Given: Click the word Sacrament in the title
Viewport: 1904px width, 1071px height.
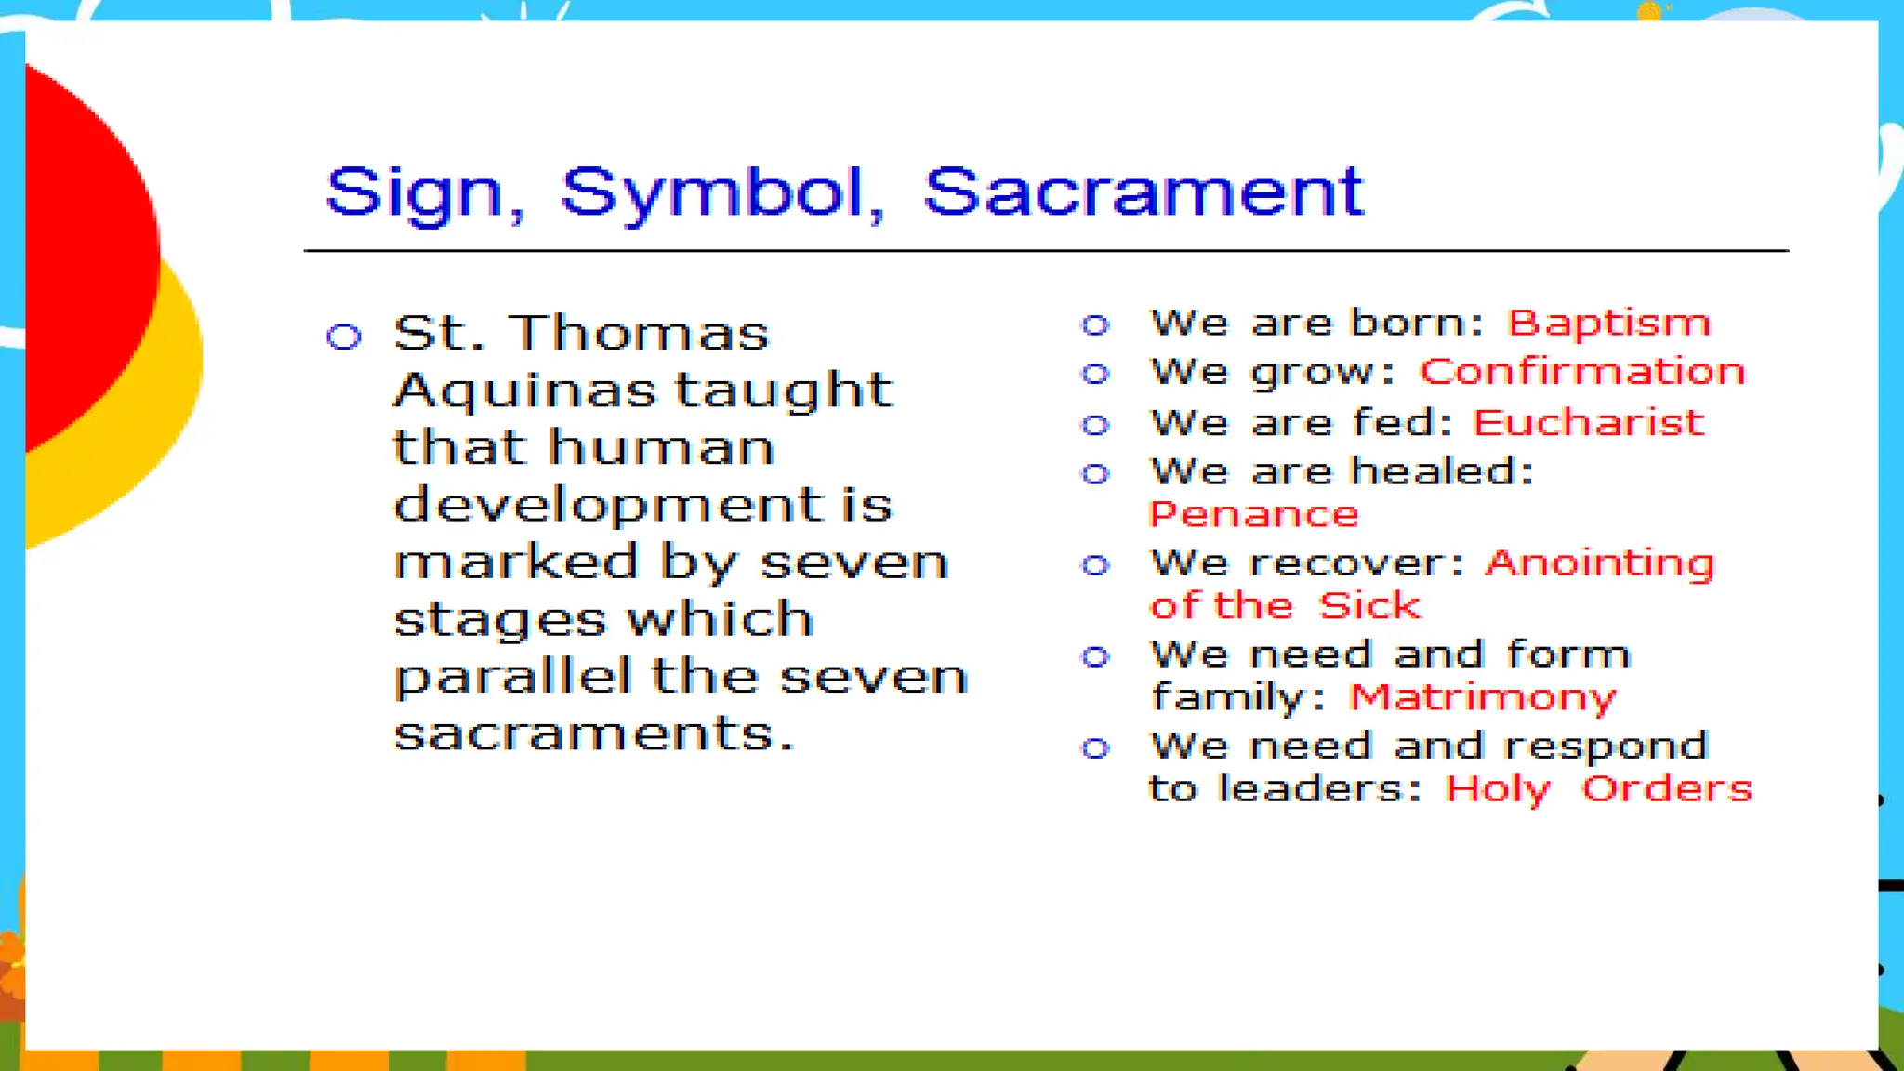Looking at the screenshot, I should coord(1143,192).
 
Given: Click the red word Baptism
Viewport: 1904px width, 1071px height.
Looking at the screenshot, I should coord(1607,324).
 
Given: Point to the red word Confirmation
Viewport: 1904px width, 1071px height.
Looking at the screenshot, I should coord(1581,372).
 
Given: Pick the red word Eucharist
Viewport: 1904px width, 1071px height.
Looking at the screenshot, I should coord(1588,423).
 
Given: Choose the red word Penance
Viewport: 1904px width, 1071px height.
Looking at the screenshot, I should coord(1253,514).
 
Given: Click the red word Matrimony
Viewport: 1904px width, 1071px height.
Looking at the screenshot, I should coord(1482,697).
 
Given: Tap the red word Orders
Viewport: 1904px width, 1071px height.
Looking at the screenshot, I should coord(1666,788).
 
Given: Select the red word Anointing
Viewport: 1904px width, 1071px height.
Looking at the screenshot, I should coord(1599,563).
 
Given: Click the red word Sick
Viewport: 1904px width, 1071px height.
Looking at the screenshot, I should coord(1368,606).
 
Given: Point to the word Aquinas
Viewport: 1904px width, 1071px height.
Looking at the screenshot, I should coord(525,390).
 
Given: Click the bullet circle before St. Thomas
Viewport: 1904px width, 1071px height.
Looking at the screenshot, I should coord(344,336).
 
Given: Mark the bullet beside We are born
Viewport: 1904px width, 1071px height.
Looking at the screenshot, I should coord(1095,324).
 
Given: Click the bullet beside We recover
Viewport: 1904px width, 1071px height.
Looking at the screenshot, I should coord(1095,565).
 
